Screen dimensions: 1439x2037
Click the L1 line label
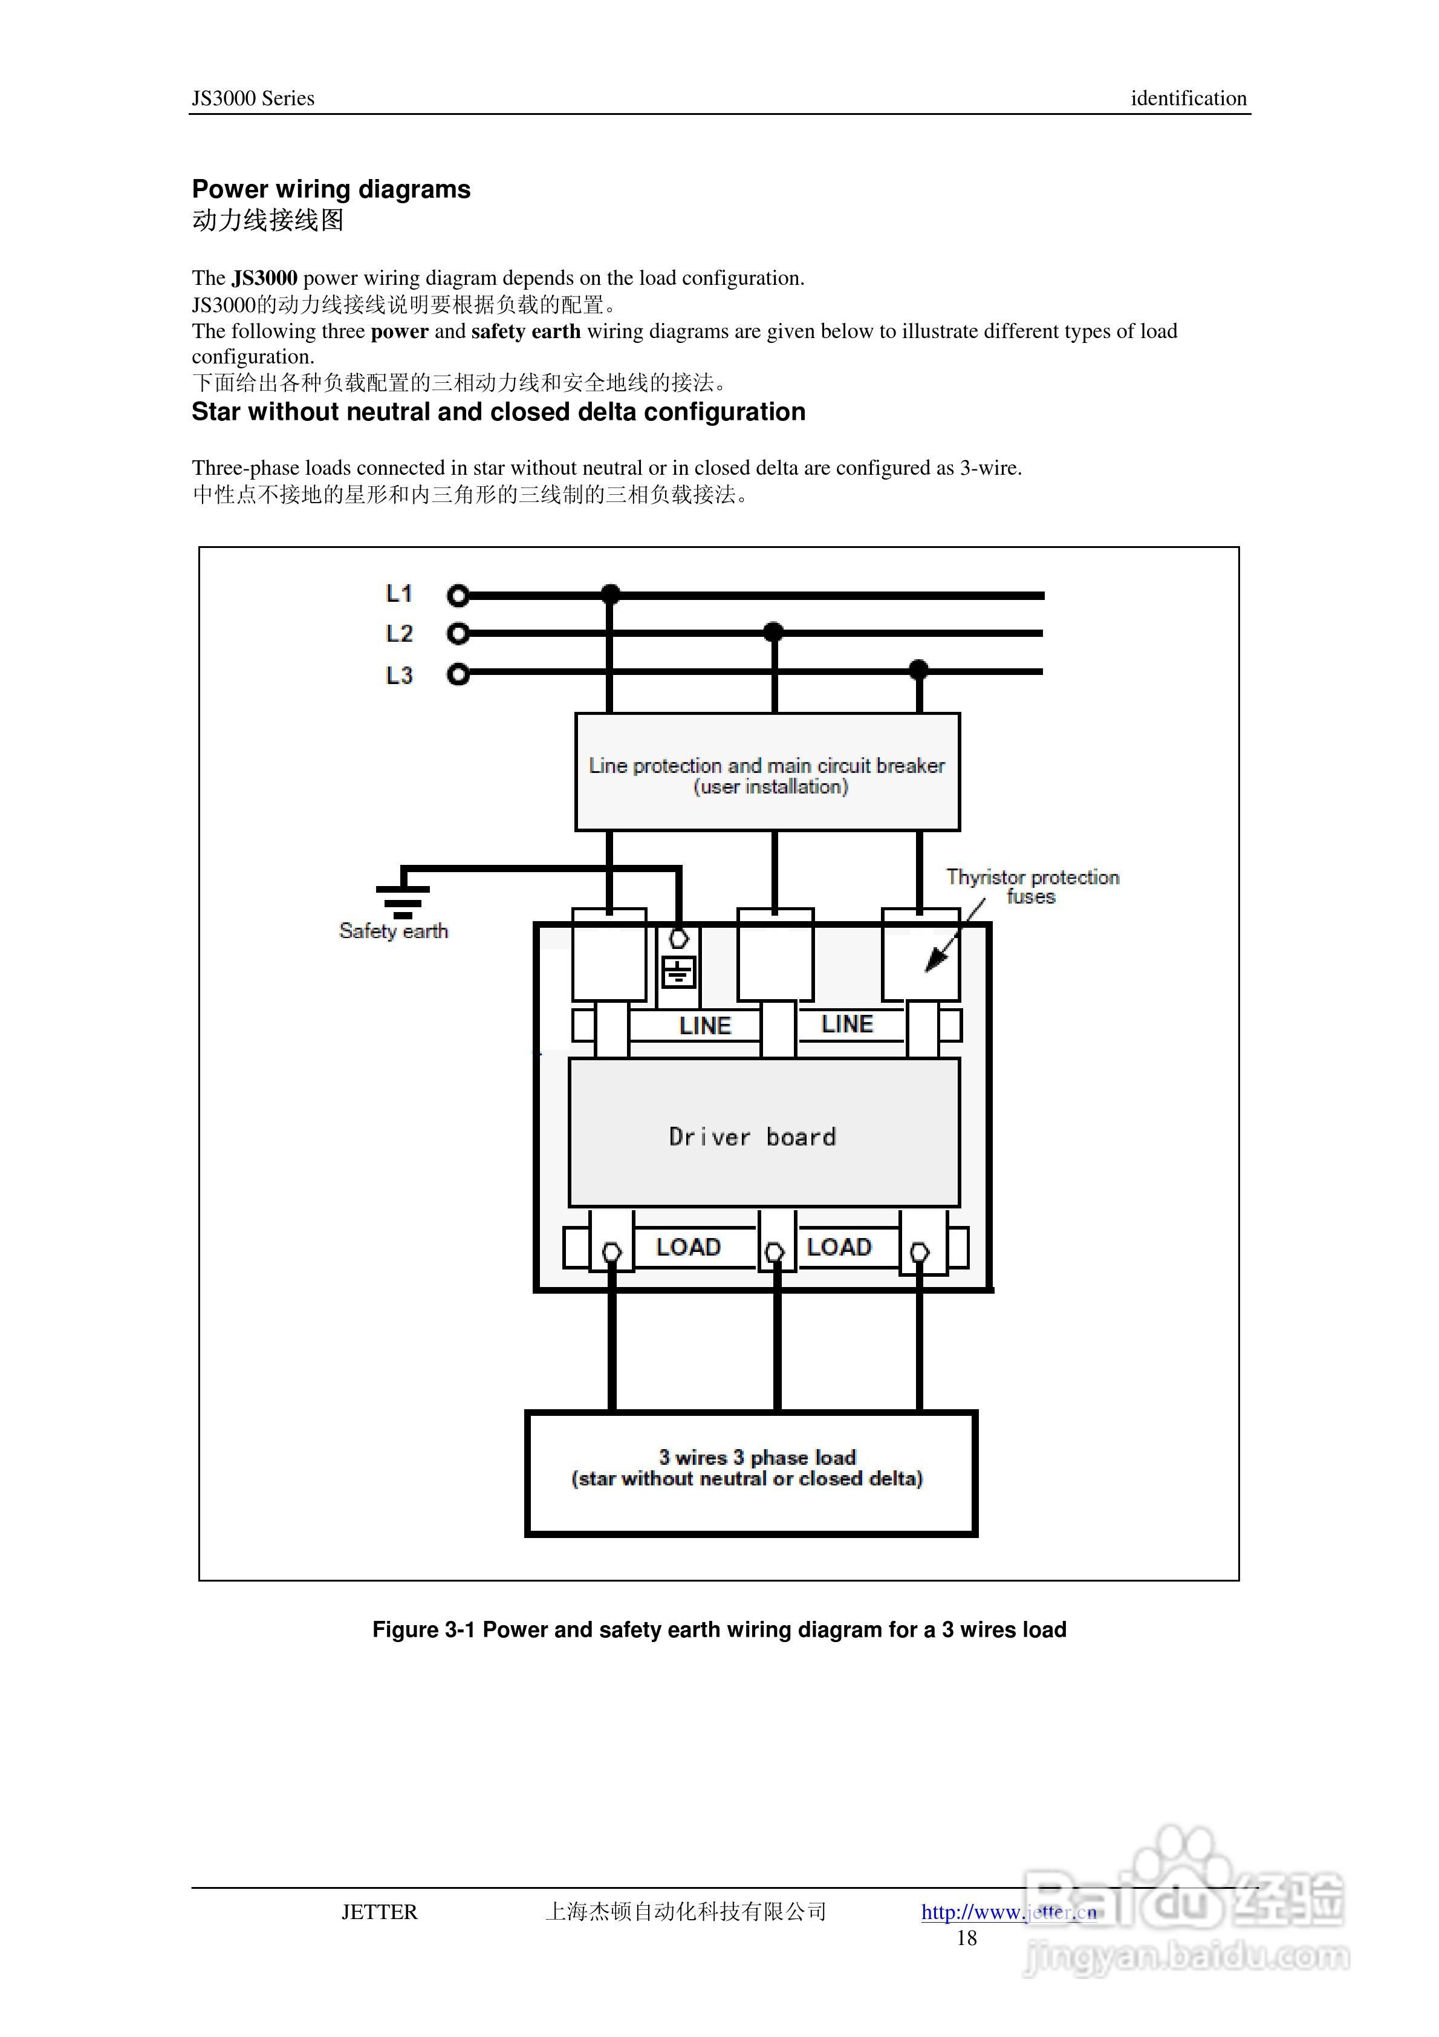pyautogui.click(x=399, y=593)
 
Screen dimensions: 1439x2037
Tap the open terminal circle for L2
pyautogui.click(x=458, y=633)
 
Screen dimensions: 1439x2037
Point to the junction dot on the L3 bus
pyautogui.click(x=919, y=670)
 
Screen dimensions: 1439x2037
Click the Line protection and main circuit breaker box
pyautogui.click(x=767, y=772)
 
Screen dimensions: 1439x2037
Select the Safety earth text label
pyautogui.click(x=393, y=931)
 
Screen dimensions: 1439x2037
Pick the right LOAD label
pyautogui.click(x=839, y=1247)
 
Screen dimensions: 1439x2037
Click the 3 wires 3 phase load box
pyautogui.click(x=750, y=1474)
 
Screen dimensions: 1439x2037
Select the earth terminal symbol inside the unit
pyautogui.click(x=679, y=973)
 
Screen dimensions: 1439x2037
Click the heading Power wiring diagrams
pyautogui.click(x=331, y=189)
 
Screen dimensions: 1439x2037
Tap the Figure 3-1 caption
pyautogui.click(x=719, y=1630)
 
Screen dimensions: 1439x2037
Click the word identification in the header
pyautogui.click(x=1188, y=99)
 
